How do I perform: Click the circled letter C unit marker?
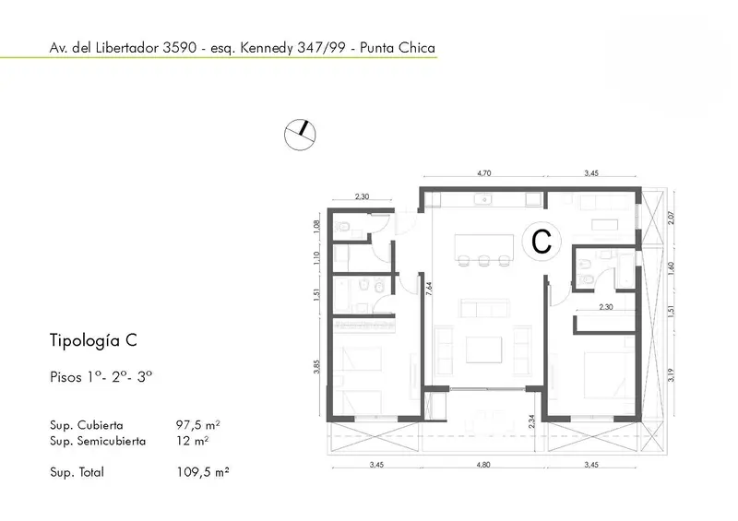pos(542,241)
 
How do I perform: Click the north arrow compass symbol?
pos(300,135)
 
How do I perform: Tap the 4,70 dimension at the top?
pos(483,173)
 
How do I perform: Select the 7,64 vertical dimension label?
pos(429,289)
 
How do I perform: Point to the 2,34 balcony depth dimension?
pos(531,421)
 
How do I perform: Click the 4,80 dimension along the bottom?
pos(483,465)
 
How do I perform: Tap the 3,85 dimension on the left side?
pos(316,367)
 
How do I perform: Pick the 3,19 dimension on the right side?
pos(672,374)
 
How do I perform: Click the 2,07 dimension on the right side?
pos(672,218)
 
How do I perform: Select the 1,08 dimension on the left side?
pos(316,227)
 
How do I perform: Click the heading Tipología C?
pos(93,340)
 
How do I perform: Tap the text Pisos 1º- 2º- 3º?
pos(101,377)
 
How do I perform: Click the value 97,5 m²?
pos(197,425)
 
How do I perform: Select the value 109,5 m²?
pos(202,471)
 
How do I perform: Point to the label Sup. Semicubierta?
pos(98,441)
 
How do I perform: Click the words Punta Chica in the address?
pos(398,48)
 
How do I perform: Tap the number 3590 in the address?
pos(179,48)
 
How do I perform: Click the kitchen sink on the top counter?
pos(482,200)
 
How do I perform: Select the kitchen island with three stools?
pos(484,251)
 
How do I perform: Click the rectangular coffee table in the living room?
pos(483,349)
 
